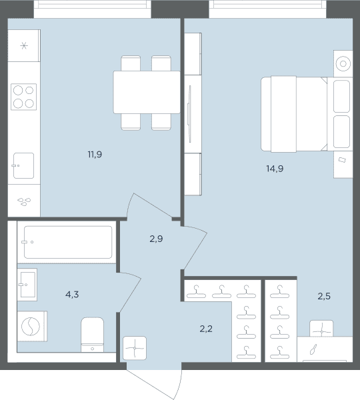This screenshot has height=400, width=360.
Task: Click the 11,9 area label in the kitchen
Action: (95, 155)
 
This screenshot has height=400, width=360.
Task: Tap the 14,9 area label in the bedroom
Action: (275, 169)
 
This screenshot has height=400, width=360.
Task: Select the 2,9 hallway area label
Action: (156, 239)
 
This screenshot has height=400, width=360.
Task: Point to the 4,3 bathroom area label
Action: (72, 295)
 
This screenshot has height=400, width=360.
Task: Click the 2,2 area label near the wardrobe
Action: (206, 329)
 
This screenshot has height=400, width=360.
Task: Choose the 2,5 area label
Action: (324, 296)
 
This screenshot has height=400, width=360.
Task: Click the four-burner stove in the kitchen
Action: (23, 97)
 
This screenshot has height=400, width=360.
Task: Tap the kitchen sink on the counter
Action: (23, 165)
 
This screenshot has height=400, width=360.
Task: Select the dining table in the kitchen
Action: (147, 92)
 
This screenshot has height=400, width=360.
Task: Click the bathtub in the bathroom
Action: (67, 242)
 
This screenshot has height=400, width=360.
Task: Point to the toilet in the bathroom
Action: (93, 335)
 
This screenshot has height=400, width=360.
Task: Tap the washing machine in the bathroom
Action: (32, 326)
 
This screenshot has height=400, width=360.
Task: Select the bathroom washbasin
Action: (27, 285)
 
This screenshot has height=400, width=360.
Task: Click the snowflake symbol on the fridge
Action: (24, 46)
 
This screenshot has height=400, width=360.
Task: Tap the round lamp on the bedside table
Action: (343, 63)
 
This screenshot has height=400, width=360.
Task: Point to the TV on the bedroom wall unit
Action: (189, 114)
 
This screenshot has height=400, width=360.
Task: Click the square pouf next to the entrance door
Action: (135, 348)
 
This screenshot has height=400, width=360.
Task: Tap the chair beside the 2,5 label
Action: (321, 329)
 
